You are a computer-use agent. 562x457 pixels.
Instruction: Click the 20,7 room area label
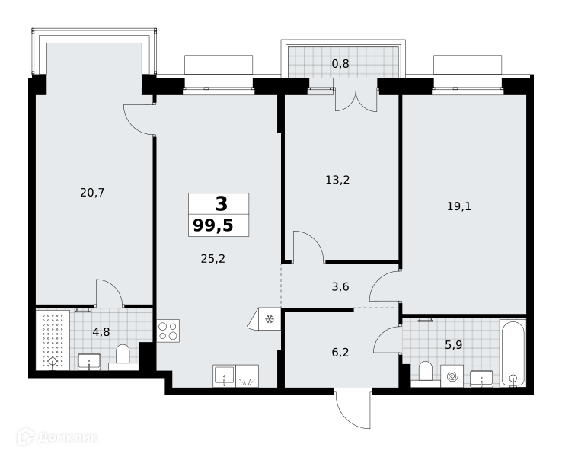[x=92, y=193]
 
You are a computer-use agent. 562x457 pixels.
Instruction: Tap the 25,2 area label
[x=213, y=259]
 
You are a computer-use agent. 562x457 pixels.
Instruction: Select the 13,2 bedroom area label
[x=337, y=180]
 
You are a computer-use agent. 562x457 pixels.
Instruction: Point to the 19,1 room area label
[x=459, y=206]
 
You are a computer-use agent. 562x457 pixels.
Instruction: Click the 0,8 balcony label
[x=340, y=64]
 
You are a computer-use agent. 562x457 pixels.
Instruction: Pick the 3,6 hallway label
[x=340, y=286]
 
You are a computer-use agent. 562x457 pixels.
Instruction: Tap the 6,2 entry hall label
[x=340, y=353]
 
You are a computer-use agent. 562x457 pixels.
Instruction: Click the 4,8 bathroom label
[x=101, y=332]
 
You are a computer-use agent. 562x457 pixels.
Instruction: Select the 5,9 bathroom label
[x=453, y=345]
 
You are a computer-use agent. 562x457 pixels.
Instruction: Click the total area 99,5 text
[x=213, y=225]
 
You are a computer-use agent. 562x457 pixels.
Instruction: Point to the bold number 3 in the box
[x=221, y=204]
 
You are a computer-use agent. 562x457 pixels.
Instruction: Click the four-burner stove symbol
[x=168, y=331]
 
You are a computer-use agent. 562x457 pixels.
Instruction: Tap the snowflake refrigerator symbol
[x=269, y=318]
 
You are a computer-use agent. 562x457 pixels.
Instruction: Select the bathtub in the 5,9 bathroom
[x=513, y=353]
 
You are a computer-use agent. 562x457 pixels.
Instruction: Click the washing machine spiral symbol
[x=452, y=376]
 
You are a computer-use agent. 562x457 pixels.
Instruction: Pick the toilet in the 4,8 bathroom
[x=123, y=355]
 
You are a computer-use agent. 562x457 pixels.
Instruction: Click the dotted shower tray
[x=53, y=340]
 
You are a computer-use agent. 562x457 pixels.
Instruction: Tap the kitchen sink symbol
[x=224, y=376]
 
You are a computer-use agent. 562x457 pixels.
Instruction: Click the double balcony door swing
[x=356, y=101]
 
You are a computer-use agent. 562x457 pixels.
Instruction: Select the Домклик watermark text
[x=57, y=436]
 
